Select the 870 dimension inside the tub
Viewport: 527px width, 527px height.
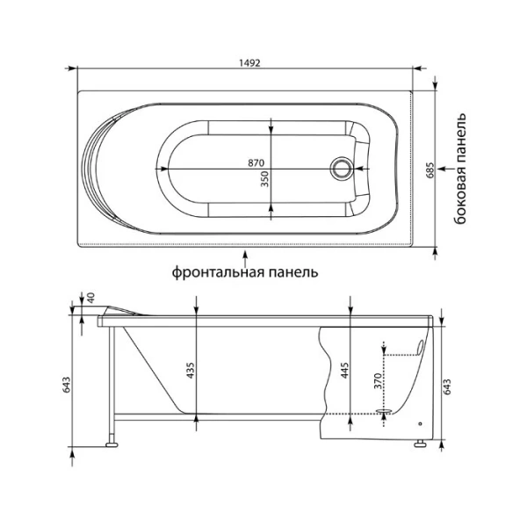pos(256,162)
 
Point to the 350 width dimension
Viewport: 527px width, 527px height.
pos(264,180)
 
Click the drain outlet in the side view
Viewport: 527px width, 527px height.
pos(383,410)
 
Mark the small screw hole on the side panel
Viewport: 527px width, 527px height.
pos(421,422)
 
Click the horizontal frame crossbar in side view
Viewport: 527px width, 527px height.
pos(220,415)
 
